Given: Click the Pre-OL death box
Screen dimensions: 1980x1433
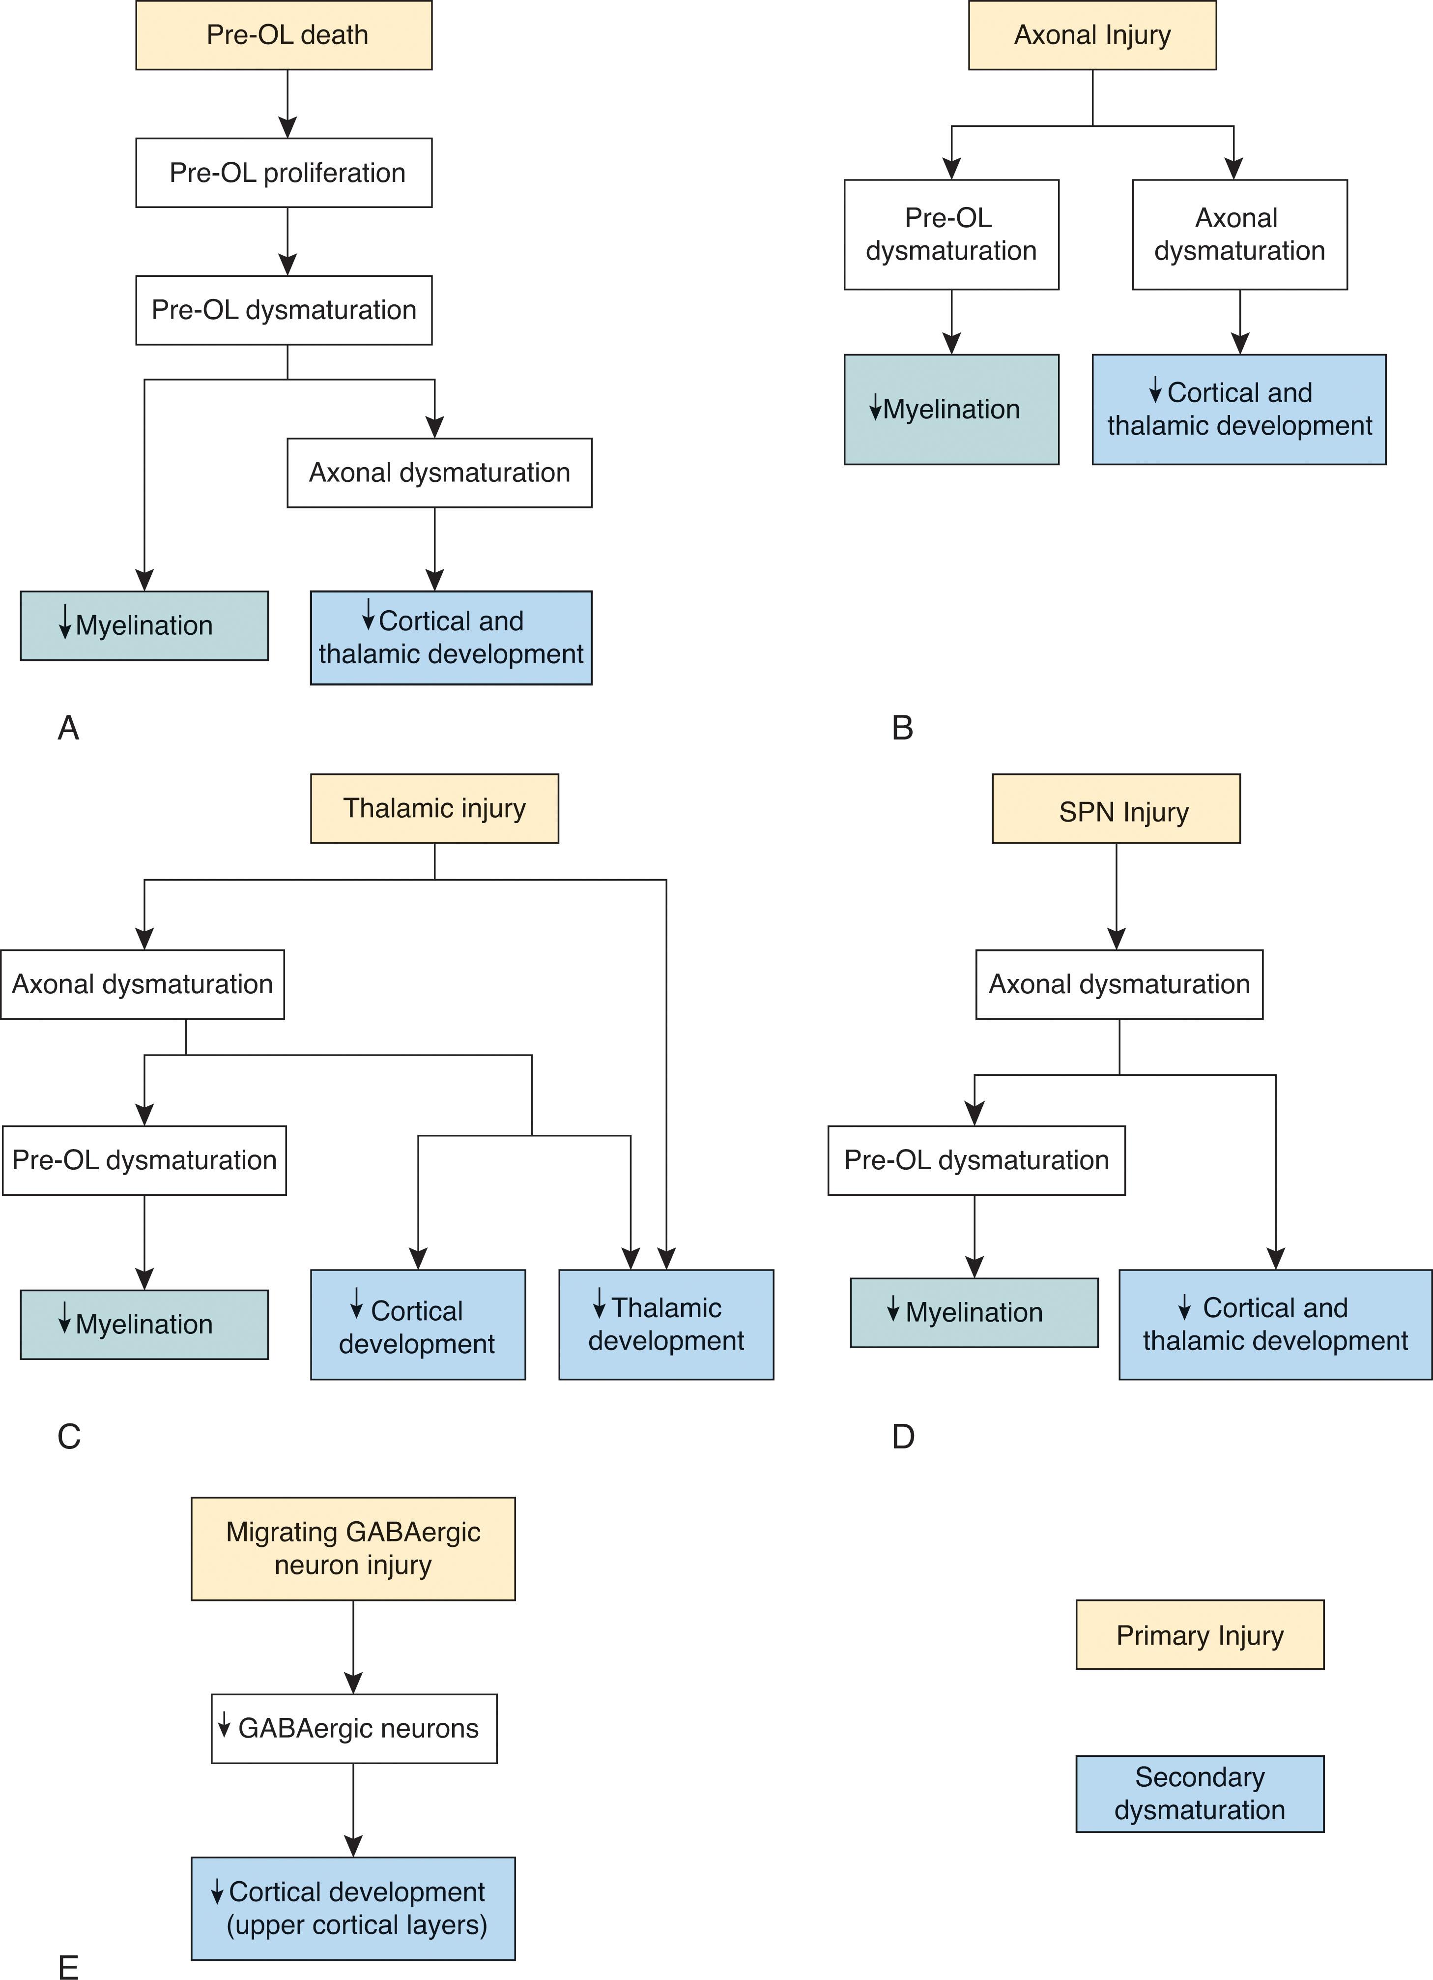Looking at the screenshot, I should click(284, 35).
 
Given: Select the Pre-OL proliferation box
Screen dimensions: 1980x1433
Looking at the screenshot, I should click(284, 173).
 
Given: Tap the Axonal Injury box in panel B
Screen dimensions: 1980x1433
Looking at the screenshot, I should click(1092, 35).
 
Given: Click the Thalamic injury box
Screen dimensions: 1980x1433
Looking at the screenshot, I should click(434, 808).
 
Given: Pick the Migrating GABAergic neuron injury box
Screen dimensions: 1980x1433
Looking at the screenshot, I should click(353, 1549).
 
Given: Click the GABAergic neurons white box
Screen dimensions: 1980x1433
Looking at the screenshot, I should click(353, 1729).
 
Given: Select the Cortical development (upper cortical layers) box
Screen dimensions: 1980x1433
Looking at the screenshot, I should click(353, 1908).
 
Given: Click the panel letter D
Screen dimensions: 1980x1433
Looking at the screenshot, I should click(903, 1436).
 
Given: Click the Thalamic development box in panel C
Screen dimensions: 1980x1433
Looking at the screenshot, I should click(666, 1325).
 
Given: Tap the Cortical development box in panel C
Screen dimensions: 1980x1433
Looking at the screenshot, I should click(418, 1325).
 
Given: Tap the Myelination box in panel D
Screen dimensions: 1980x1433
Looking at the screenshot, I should click(974, 1313).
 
